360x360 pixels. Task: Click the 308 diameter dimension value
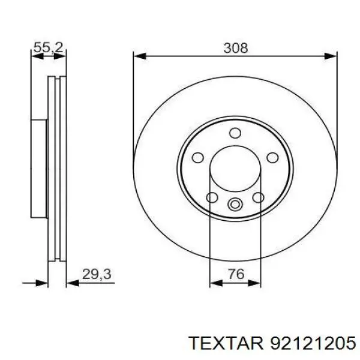(236, 48)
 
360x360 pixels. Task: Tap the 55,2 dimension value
(49, 48)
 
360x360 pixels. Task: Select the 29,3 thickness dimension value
(97, 274)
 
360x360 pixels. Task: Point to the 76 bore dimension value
(236, 274)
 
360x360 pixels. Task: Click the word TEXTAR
(226, 343)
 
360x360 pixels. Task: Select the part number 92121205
(313, 343)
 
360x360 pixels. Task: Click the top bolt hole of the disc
(235, 133)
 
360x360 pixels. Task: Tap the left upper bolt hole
(197, 157)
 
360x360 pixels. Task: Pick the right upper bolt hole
(273, 157)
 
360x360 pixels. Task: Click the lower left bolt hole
(212, 197)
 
